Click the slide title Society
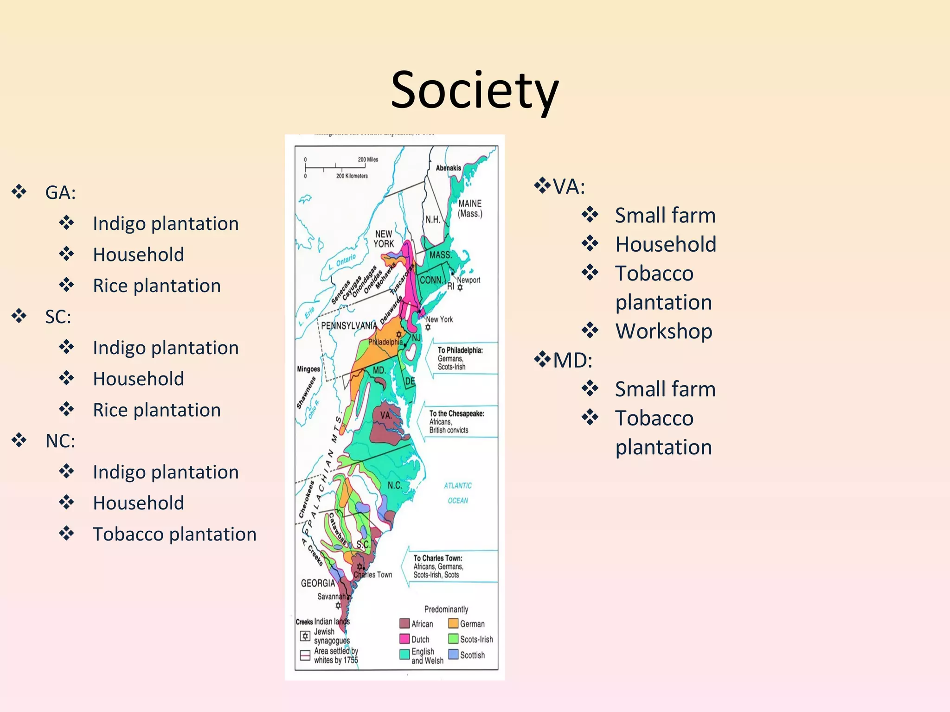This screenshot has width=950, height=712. pos(475,90)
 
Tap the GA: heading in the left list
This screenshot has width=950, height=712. pos(60,192)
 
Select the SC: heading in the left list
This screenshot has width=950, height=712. pos(58,317)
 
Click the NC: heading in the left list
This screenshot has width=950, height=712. pos(60,441)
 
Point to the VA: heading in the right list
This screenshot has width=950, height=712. pos(569,187)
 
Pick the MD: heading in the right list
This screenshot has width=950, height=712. pos(572,360)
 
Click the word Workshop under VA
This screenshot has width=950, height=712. pos(663,331)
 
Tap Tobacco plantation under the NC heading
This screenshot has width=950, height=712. pos(174,534)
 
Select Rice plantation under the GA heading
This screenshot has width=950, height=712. pos(157,286)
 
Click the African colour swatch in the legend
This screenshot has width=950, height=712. pos(404,623)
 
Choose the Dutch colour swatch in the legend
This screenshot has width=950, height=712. pos(404,639)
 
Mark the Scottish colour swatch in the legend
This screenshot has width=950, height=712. pos(453,655)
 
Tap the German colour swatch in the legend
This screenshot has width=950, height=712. pos(453,623)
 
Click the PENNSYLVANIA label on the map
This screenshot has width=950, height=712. pos(349,325)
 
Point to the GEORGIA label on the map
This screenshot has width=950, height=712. pos(318,583)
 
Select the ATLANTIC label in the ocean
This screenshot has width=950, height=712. pos(458,485)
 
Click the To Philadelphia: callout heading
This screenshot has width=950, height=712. pos(460,350)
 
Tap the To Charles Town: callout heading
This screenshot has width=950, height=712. pos(438,558)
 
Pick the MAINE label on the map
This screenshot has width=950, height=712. pos(470,203)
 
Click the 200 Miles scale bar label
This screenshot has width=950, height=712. pos(368,159)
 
